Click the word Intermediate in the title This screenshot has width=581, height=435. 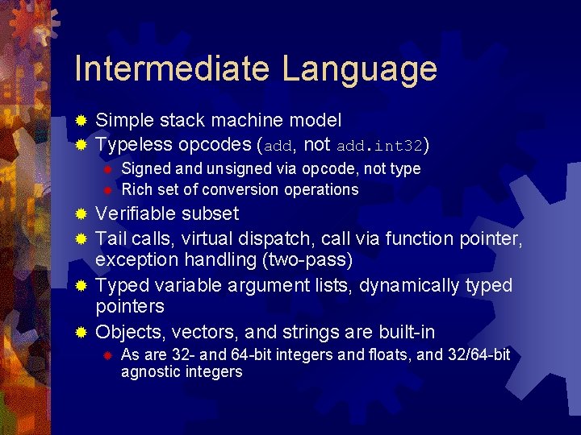[171, 69]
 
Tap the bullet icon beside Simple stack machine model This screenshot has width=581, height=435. [81, 121]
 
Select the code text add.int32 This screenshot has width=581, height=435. [379, 146]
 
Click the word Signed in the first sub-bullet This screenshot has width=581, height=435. [144, 168]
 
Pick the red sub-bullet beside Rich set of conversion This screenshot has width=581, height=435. [107, 190]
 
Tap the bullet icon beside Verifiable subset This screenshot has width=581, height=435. [81, 214]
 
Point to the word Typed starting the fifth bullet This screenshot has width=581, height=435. [120, 285]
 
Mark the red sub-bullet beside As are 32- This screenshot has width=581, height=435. [107, 355]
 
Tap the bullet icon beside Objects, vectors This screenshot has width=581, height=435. [81, 332]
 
